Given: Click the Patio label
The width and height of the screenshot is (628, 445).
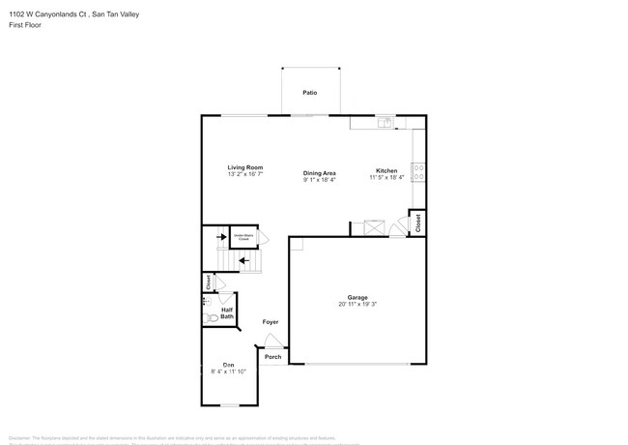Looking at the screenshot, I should pos(309,93).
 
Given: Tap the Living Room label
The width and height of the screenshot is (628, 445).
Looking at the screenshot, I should pos(245,167).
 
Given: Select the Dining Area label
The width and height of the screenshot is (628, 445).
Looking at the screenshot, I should pos(319,172).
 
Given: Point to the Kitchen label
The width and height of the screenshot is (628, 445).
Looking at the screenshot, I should pos(386,171).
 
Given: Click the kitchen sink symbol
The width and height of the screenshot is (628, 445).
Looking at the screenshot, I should pos(385,122).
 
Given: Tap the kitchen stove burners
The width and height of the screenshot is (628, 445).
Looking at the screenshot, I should pos(418,172).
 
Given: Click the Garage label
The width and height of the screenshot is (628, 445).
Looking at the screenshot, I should pos(357,297).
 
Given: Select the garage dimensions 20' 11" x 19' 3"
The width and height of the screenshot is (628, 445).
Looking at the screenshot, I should pos(357,305).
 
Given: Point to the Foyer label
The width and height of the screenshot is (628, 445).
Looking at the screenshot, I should pos(271,322).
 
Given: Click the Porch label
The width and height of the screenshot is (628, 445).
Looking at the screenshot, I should pos(273,356).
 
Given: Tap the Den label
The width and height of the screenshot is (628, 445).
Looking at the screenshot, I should pos(229,364).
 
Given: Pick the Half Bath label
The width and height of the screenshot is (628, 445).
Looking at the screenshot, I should pos(227,313).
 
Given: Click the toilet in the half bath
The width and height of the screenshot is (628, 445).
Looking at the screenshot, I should pos(209,317).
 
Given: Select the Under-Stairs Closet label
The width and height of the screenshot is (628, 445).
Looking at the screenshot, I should pos(243,236).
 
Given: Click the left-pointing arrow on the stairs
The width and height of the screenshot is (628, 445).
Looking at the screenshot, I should pos(244,259).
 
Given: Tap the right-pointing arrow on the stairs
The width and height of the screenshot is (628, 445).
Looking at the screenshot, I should pos(220,235).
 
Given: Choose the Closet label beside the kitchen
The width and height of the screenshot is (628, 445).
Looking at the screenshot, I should pos(417,222).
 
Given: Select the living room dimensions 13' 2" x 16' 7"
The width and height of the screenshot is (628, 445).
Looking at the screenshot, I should pos(245,175).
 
